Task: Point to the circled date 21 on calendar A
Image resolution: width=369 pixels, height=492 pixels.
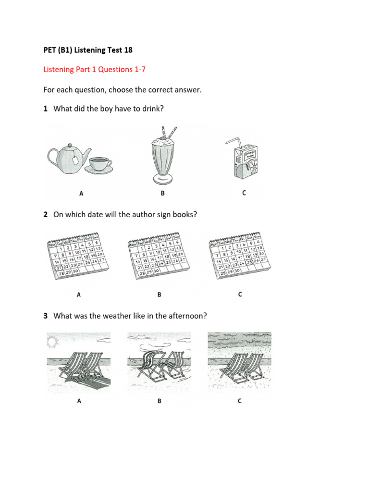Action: coord(59,268)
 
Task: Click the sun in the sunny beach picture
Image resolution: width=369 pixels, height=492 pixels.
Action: coord(52,342)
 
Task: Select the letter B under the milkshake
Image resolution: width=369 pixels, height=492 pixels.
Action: coord(162,194)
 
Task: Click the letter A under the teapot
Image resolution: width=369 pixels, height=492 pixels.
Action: coord(81,194)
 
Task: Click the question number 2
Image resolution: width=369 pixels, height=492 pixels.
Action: coord(45,215)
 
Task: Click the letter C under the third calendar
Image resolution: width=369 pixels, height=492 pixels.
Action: coord(240,295)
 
